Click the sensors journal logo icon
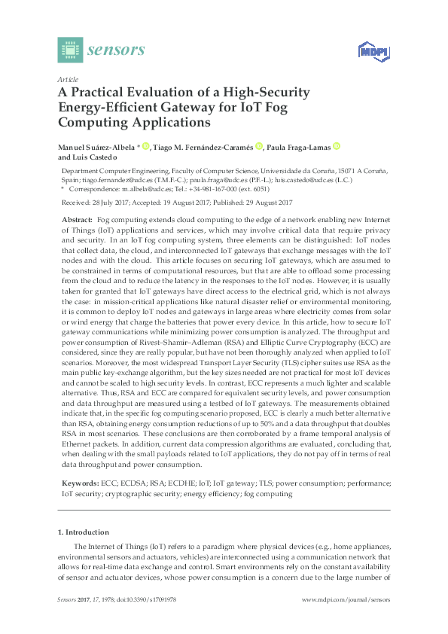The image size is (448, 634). [x=69, y=50]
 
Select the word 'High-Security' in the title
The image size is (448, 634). [x=267, y=92]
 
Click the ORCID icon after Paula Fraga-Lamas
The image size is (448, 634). [x=337, y=147]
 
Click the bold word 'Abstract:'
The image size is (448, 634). [x=77, y=218]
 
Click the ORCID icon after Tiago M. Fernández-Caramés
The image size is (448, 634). [x=259, y=147]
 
